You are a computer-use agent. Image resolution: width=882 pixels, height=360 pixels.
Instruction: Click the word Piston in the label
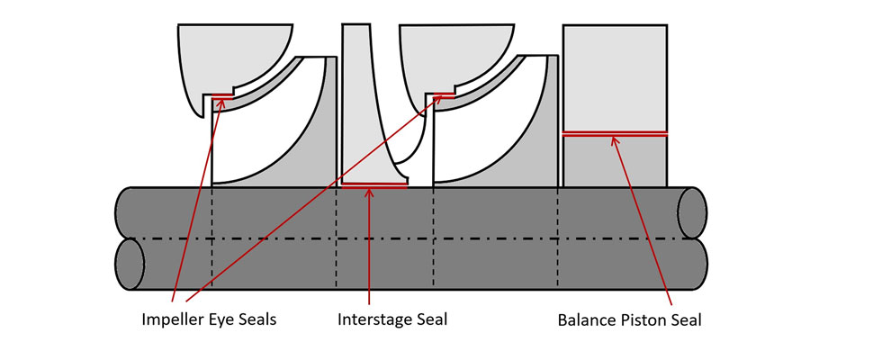tap(631, 319)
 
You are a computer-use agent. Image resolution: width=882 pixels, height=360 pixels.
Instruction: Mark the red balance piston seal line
tap(615, 133)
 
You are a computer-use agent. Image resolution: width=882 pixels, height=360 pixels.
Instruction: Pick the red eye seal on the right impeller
tap(443, 94)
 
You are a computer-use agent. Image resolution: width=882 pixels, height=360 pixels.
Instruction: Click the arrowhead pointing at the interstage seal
tap(370, 191)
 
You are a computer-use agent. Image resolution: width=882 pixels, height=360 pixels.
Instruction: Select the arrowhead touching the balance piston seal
tap(614, 139)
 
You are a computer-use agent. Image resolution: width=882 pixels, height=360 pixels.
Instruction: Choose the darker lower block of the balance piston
tap(615, 160)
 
